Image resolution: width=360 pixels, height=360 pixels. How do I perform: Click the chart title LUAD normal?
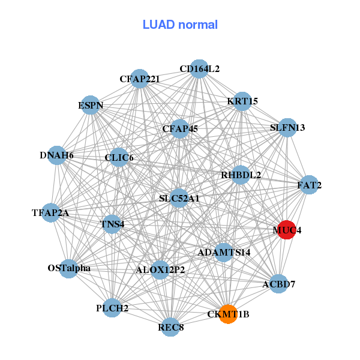180,25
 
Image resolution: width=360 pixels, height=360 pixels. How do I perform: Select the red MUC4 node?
287,230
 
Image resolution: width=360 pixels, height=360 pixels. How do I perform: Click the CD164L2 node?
199,69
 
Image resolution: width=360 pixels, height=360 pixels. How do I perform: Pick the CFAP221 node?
139,79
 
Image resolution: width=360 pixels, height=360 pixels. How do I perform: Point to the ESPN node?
91,106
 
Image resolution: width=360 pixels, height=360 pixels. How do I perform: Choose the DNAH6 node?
57,155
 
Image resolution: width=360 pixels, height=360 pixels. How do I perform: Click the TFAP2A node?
50,212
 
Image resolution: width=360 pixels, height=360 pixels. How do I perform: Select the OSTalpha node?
69,268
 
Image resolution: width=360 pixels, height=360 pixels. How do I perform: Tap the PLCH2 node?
112,308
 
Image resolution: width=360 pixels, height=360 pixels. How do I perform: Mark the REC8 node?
171,327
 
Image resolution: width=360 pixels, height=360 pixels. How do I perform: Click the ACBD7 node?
278,284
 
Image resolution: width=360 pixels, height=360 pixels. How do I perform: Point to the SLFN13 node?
287,128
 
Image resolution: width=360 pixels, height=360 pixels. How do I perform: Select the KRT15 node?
242,101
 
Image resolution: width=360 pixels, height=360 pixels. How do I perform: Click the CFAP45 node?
180,128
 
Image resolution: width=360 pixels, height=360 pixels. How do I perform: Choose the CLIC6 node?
119,158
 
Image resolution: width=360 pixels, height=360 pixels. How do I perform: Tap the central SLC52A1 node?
179,198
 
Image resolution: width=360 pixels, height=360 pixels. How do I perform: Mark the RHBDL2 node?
241,175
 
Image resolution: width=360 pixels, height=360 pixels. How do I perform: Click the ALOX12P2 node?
160,270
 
